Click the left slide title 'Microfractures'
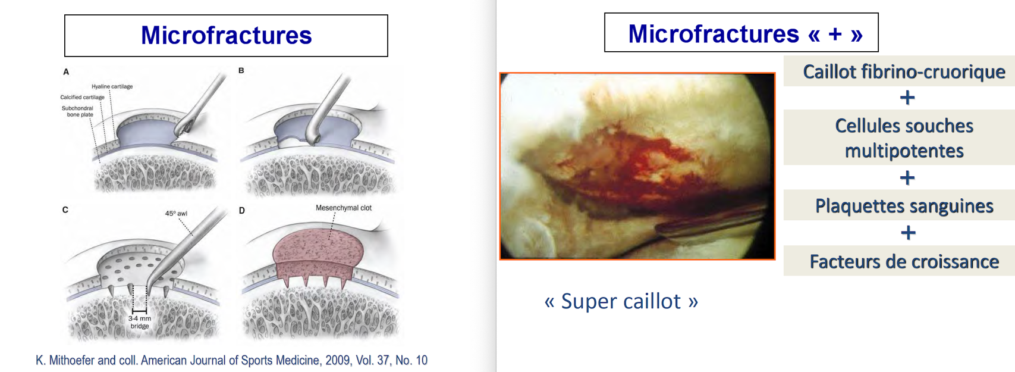click(226, 35)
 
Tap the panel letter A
click(66, 71)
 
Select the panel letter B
click(241, 71)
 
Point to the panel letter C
click(65, 210)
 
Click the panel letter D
click(241, 211)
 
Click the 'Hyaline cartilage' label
click(112, 86)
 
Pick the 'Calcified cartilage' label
click(83, 97)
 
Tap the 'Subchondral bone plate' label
click(77, 111)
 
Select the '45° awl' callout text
click(176, 213)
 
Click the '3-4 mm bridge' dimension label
click(140, 322)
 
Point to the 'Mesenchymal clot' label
click(344, 208)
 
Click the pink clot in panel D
click(317, 257)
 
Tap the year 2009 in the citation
click(338, 360)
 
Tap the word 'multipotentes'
click(904, 151)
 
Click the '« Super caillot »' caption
click(621, 301)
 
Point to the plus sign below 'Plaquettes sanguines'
click(907, 233)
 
